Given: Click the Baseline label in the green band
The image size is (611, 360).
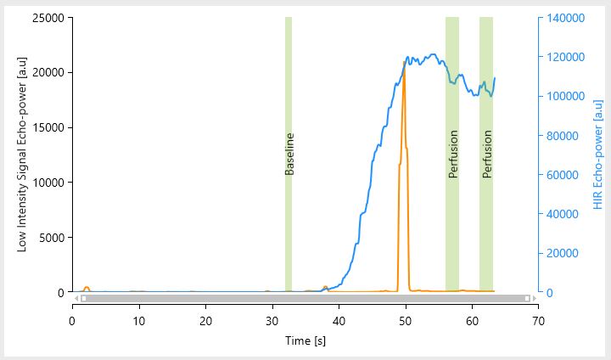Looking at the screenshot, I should [289, 154].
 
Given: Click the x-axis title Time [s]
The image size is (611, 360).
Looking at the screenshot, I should [304, 340].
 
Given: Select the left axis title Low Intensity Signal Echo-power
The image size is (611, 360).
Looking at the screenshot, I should [23, 155].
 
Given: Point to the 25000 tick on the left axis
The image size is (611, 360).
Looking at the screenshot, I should [48, 18].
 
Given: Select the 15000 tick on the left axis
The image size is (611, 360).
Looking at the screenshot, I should [48, 127].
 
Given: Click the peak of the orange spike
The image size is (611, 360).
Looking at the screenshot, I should [404, 63].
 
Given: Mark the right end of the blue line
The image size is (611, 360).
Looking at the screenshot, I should [495, 78].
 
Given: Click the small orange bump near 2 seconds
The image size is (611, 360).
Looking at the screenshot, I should [87, 288].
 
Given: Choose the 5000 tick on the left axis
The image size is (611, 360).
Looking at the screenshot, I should [50, 238].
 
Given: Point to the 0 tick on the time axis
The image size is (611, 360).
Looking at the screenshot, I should [72, 321].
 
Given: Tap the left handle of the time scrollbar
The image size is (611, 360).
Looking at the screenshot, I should [82, 298].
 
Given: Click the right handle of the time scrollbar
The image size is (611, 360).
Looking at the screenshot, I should [527, 298].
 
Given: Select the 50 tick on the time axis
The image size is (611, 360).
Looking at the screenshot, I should [405, 321].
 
